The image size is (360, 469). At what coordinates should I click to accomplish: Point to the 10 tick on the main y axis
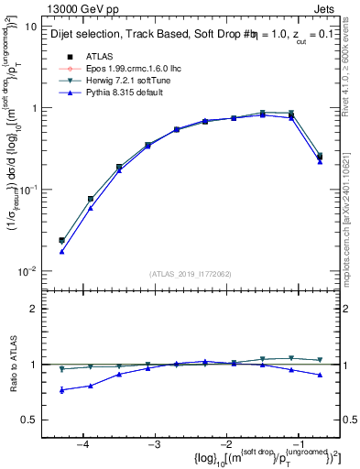coord(31,27)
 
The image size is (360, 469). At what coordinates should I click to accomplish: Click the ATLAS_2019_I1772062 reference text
coord(190,274)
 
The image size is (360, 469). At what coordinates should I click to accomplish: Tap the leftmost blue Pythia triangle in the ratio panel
coord(61,390)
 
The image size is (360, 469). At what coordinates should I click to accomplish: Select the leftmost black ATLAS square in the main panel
coord(61,240)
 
